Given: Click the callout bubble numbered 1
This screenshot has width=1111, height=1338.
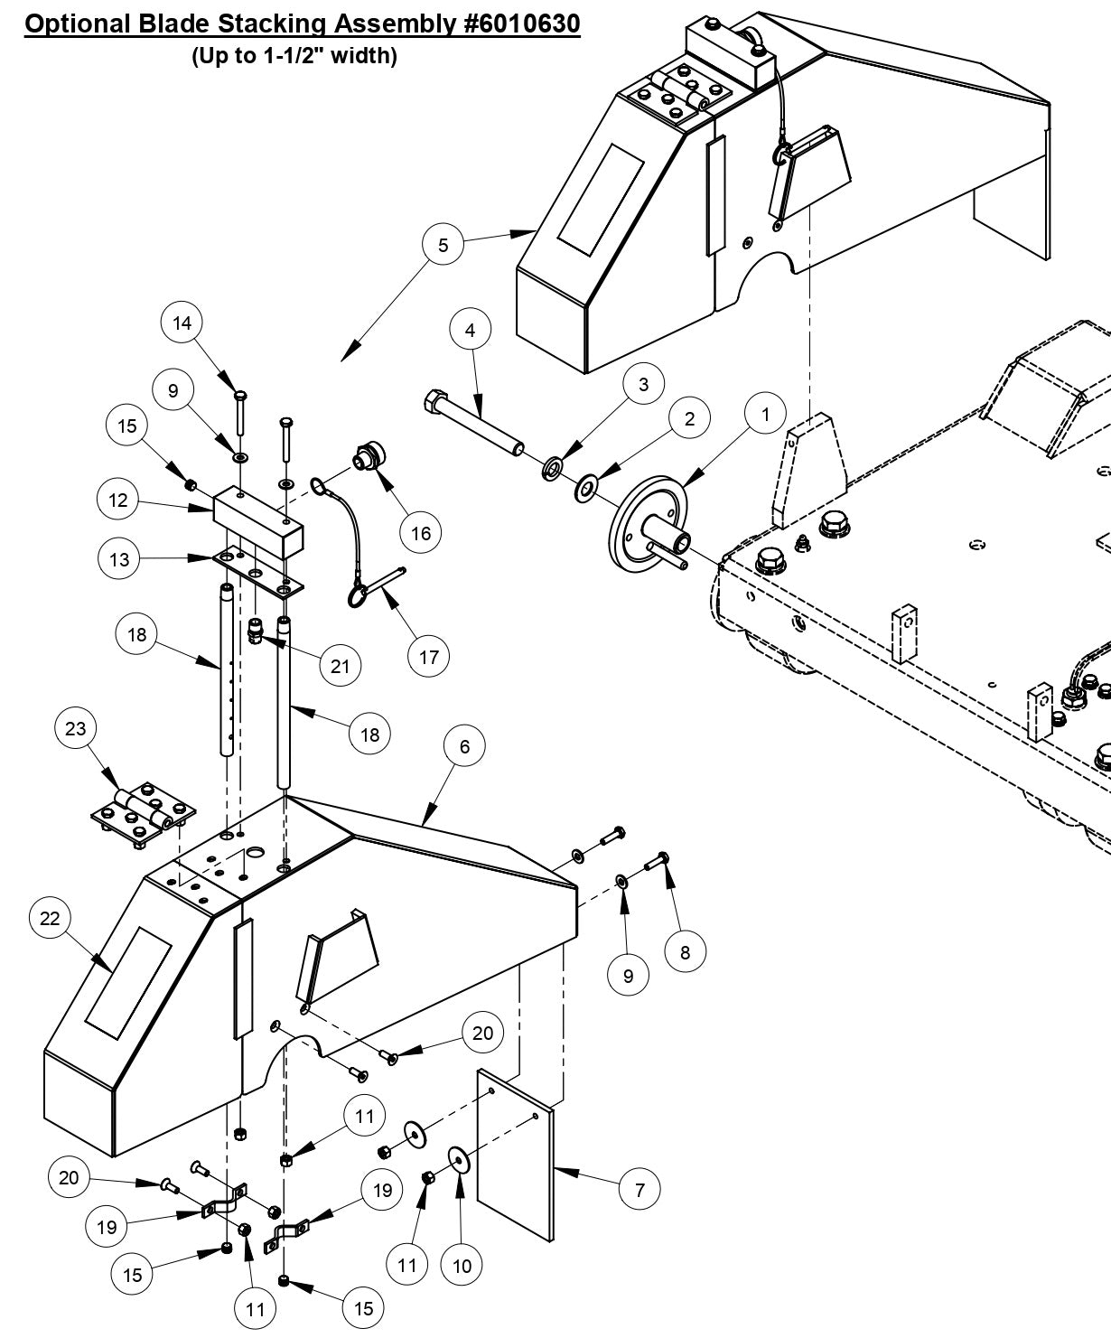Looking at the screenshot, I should pos(766,415).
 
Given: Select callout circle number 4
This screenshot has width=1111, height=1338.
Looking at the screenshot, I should pos(470,331).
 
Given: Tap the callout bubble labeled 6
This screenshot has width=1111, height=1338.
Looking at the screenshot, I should pos(465,746).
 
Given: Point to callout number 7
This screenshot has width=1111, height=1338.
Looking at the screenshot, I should pos(640,1189).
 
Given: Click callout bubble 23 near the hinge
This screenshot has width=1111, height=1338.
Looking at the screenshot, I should pos(75,727).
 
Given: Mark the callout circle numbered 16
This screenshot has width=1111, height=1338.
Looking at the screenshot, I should pos(421,533).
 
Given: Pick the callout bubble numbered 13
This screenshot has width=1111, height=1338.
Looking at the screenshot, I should pos(118,559).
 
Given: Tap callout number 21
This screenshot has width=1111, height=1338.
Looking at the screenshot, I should pos(340,666).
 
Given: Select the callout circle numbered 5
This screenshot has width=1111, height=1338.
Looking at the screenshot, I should pos(443,245).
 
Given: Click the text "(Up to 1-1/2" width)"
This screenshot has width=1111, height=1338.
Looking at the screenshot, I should pos(294,56).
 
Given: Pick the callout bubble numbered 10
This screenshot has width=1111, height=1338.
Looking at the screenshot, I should pos(462,1266).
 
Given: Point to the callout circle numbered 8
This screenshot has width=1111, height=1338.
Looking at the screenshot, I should pos(686,951).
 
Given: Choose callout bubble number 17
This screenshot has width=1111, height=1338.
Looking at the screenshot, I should pos(428,656).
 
